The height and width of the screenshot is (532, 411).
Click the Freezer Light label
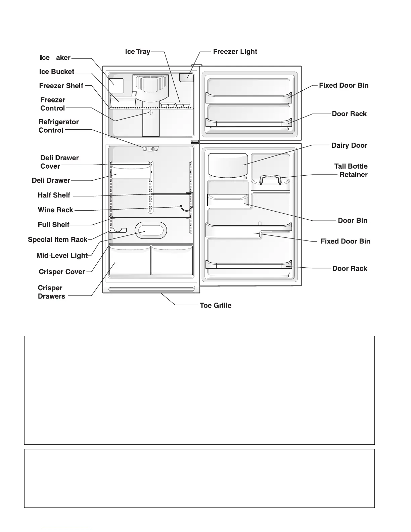pyautogui.click(x=235, y=52)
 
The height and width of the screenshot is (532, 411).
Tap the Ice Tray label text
pyautogui.click(x=137, y=52)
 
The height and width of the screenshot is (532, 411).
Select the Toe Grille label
pyautogui.click(x=215, y=306)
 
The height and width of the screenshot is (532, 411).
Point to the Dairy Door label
pyautogui.click(x=349, y=145)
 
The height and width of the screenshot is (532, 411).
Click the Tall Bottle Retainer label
pyautogui.click(x=351, y=170)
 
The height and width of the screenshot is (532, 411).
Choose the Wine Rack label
pyautogui.click(x=55, y=210)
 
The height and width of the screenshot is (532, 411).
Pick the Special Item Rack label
pyautogui.click(x=57, y=239)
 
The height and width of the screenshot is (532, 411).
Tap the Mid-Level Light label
pyautogui.click(x=62, y=256)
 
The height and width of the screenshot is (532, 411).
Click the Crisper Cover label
pyautogui.click(x=62, y=272)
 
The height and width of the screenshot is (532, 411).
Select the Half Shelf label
pyautogui.click(x=54, y=195)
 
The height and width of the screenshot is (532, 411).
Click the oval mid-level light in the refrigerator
pyautogui.click(x=151, y=230)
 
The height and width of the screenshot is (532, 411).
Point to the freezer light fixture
pyautogui.click(x=187, y=78)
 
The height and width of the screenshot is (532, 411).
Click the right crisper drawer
pyautogui.click(x=172, y=261)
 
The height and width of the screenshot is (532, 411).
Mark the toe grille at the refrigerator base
pyautogui.click(x=151, y=289)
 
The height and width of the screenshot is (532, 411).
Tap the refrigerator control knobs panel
pyautogui.click(x=150, y=148)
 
